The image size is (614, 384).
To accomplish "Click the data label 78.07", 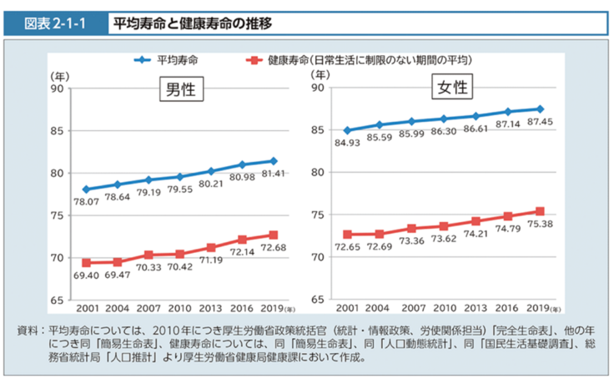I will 87,202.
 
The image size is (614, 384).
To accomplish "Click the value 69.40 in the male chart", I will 86,275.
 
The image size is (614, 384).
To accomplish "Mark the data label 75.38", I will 541,225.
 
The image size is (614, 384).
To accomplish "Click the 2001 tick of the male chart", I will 86,309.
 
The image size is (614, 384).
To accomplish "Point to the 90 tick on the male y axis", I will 58,88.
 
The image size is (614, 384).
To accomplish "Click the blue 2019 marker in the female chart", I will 540,109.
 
